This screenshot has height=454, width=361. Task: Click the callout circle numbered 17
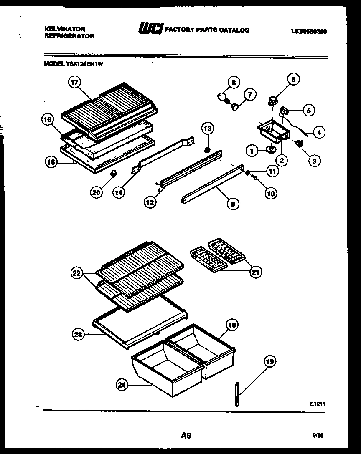coord(74,83)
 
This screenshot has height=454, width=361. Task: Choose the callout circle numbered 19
coord(270,362)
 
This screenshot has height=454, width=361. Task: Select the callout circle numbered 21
coord(256,272)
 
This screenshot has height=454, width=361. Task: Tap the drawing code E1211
coord(317,404)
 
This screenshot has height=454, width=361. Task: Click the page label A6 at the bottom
coord(186,436)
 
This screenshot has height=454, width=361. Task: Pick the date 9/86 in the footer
coord(318,435)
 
